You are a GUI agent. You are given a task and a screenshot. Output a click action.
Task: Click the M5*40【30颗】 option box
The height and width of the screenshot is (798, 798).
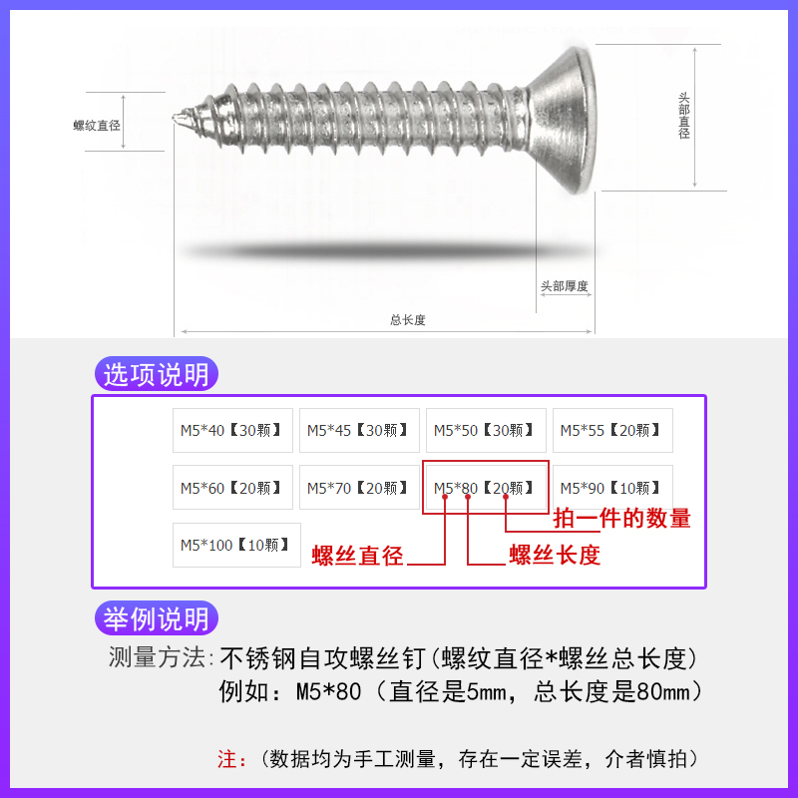[x=232, y=430]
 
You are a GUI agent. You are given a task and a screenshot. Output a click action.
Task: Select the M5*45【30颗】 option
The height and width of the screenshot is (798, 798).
[x=359, y=430]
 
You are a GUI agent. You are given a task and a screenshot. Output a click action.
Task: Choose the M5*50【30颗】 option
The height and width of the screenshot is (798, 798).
[x=486, y=430]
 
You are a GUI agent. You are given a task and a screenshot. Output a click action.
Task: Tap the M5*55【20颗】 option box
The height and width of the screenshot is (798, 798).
[x=612, y=430]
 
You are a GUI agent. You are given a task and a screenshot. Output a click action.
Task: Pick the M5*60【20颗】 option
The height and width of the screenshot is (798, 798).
[x=232, y=487]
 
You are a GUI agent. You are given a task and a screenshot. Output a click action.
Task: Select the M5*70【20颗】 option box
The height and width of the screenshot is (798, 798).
[x=359, y=487]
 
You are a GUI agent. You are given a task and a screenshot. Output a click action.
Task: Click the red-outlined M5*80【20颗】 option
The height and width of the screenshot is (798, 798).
[x=486, y=487]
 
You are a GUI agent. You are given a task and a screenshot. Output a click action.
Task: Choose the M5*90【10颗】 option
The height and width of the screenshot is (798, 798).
[x=612, y=487]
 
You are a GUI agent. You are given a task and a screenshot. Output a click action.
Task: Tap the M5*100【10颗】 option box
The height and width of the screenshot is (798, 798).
[x=235, y=545]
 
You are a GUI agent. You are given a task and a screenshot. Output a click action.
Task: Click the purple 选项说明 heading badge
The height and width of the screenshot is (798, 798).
[x=158, y=375]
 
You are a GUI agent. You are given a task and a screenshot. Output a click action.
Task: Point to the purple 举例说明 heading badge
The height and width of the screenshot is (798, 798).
[x=158, y=618]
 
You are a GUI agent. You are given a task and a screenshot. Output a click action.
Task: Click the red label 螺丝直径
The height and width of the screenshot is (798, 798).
[x=357, y=556]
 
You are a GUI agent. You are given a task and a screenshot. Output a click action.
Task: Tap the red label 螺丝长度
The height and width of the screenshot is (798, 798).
[x=555, y=556]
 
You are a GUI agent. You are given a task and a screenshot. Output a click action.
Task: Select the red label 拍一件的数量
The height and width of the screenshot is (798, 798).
[x=621, y=518]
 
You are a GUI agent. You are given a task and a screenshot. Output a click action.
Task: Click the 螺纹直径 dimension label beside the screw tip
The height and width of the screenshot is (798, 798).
[x=97, y=126]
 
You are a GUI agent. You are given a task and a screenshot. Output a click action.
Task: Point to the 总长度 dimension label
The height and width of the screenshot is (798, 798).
[x=408, y=320]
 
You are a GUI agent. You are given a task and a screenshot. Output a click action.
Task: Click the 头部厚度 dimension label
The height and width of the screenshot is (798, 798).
[x=565, y=286]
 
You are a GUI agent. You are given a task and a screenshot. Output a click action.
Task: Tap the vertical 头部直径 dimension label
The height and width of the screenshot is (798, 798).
[x=684, y=116]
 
